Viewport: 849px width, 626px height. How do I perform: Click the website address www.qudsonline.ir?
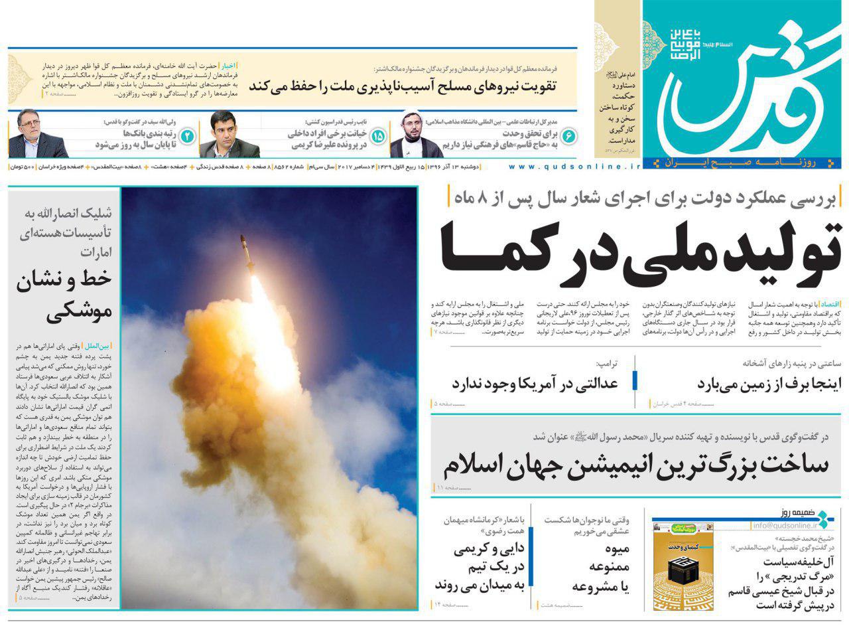(x=574, y=167)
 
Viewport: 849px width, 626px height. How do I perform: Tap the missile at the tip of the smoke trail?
(x=246, y=252)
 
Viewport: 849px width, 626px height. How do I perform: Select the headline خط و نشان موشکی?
(x=66, y=295)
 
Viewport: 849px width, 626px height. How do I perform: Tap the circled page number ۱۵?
(x=378, y=136)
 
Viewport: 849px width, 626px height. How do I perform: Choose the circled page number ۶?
(x=569, y=136)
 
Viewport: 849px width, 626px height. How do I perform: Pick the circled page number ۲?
(x=188, y=136)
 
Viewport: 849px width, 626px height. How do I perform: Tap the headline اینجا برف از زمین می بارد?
(x=773, y=384)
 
